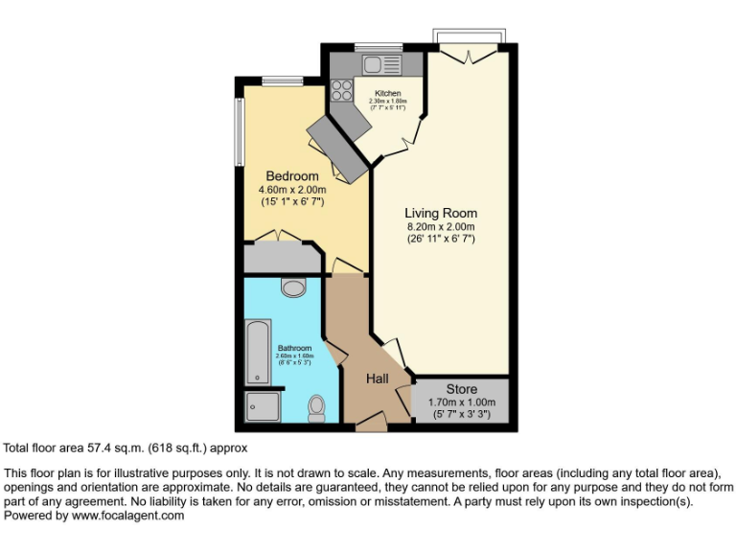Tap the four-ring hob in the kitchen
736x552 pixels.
(x=340, y=91)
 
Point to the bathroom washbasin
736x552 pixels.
(x=293, y=287)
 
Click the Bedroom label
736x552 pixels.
(x=292, y=176)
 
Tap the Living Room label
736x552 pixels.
(x=441, y=213)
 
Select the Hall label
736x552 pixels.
(x=378, y=379)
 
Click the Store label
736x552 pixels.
(x=461, y=389)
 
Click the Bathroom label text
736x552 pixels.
(x=294, y=348)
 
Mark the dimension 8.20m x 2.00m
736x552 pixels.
(x=441, y=226)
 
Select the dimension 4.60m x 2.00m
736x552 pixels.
(x=292, y=190)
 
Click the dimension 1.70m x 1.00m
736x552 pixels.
(x=461, y=402)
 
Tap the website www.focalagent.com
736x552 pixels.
(x=128, y=516)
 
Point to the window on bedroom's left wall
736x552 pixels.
(x=239, y=130)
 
